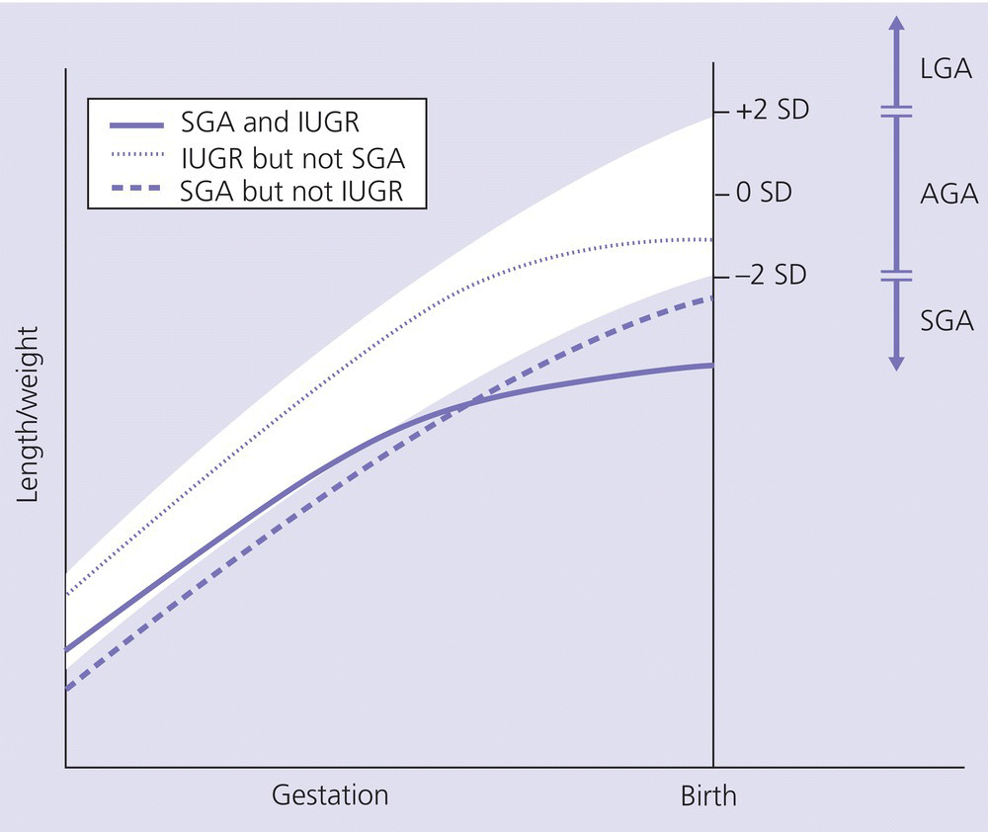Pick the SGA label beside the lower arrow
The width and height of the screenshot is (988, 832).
(x=946, y=321)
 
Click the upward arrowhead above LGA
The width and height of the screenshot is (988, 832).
(x=895, y=26)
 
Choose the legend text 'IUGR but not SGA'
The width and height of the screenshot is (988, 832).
(x=293, y=157)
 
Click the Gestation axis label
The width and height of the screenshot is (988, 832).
(x=330, y=795)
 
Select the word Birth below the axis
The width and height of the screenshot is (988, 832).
(x=708, y=795)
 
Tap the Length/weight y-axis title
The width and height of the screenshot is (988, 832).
(x=29, y=415)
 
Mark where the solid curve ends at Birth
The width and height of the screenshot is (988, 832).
(x=712, y=366)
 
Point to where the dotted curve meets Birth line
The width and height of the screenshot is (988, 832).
(x=712, y=239)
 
